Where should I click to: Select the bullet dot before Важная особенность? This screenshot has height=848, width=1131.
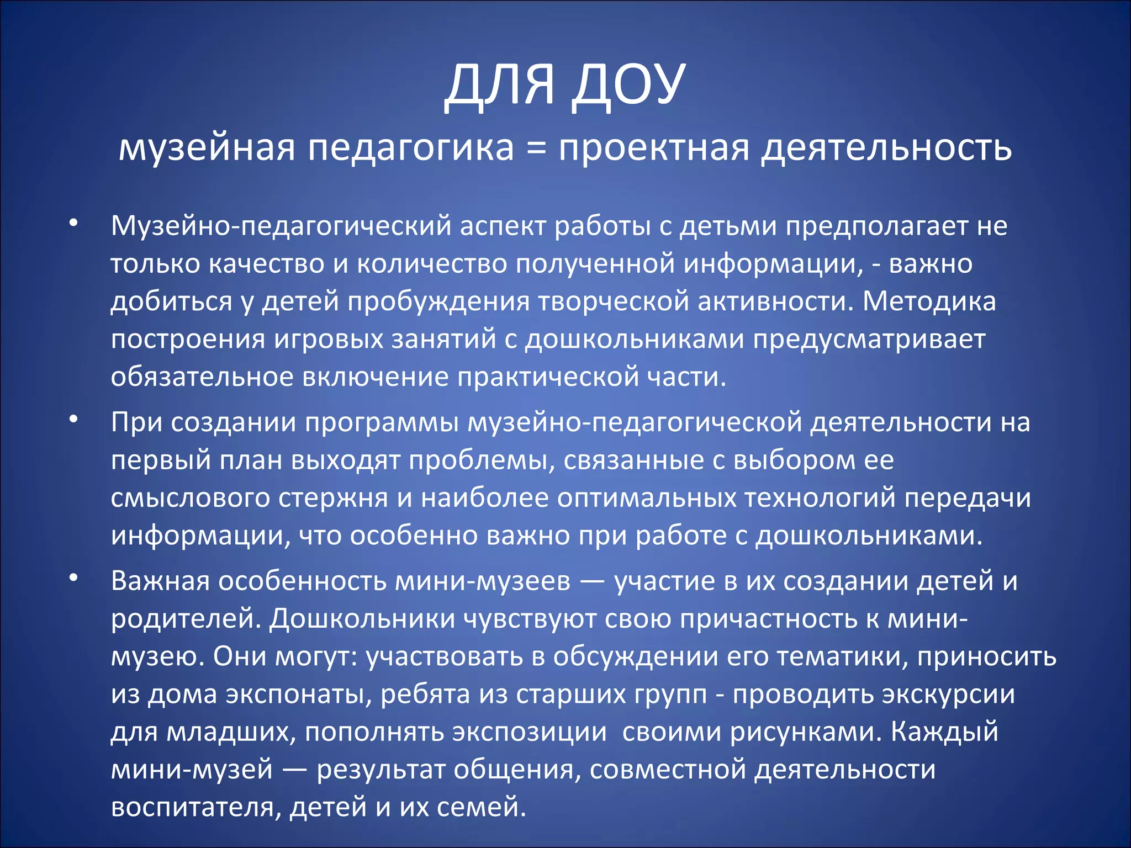click(x=73, y=578)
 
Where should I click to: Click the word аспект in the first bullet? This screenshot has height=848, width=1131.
click(x=503, y=226)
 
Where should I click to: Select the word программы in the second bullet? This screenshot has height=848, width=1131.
click(x=382, y=423)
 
